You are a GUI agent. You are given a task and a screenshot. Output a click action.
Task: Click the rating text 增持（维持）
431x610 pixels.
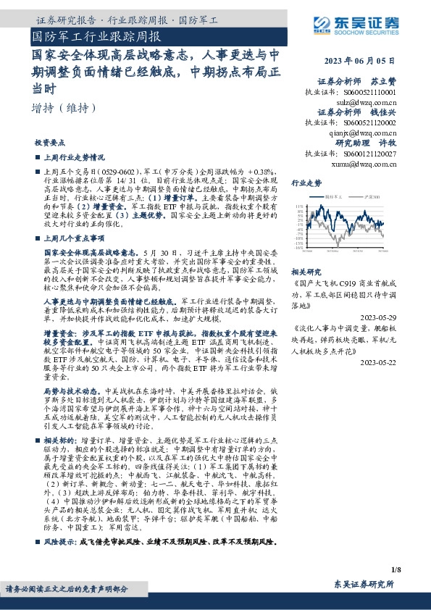(x=64, y=108)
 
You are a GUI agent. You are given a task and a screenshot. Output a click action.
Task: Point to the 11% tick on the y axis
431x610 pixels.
(x=299, y=206)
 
